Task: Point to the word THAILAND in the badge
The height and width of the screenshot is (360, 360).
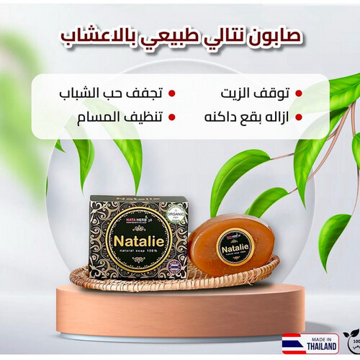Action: pos(320,346)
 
